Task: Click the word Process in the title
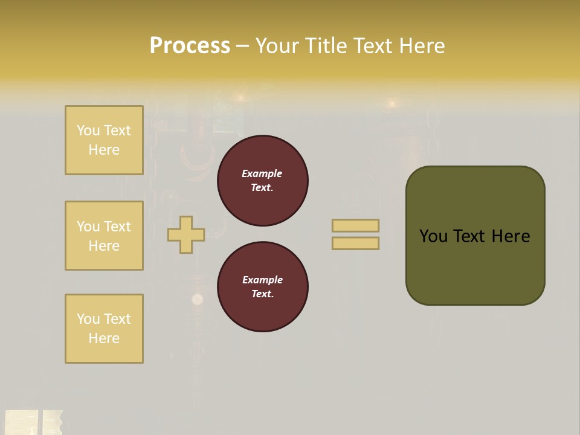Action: tap(190, 46)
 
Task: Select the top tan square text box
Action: tap(104, 140)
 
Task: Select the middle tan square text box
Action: tap(104, 236)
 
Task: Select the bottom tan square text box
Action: tap(104, 329)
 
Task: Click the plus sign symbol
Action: tap(186, 234)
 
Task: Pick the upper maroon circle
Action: tap(263, 181)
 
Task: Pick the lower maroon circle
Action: tap(263, 287)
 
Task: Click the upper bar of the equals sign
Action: tap(355, 226)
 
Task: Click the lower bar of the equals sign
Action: tap(355, 243)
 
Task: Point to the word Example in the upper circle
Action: tap(262, 174)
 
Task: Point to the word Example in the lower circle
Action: tap(262, 280)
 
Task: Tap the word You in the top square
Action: tap(88, 130)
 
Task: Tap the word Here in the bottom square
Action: tap(104, 338)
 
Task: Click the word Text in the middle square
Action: tap(117, 227)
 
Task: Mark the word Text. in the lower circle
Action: tap(262, 294)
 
